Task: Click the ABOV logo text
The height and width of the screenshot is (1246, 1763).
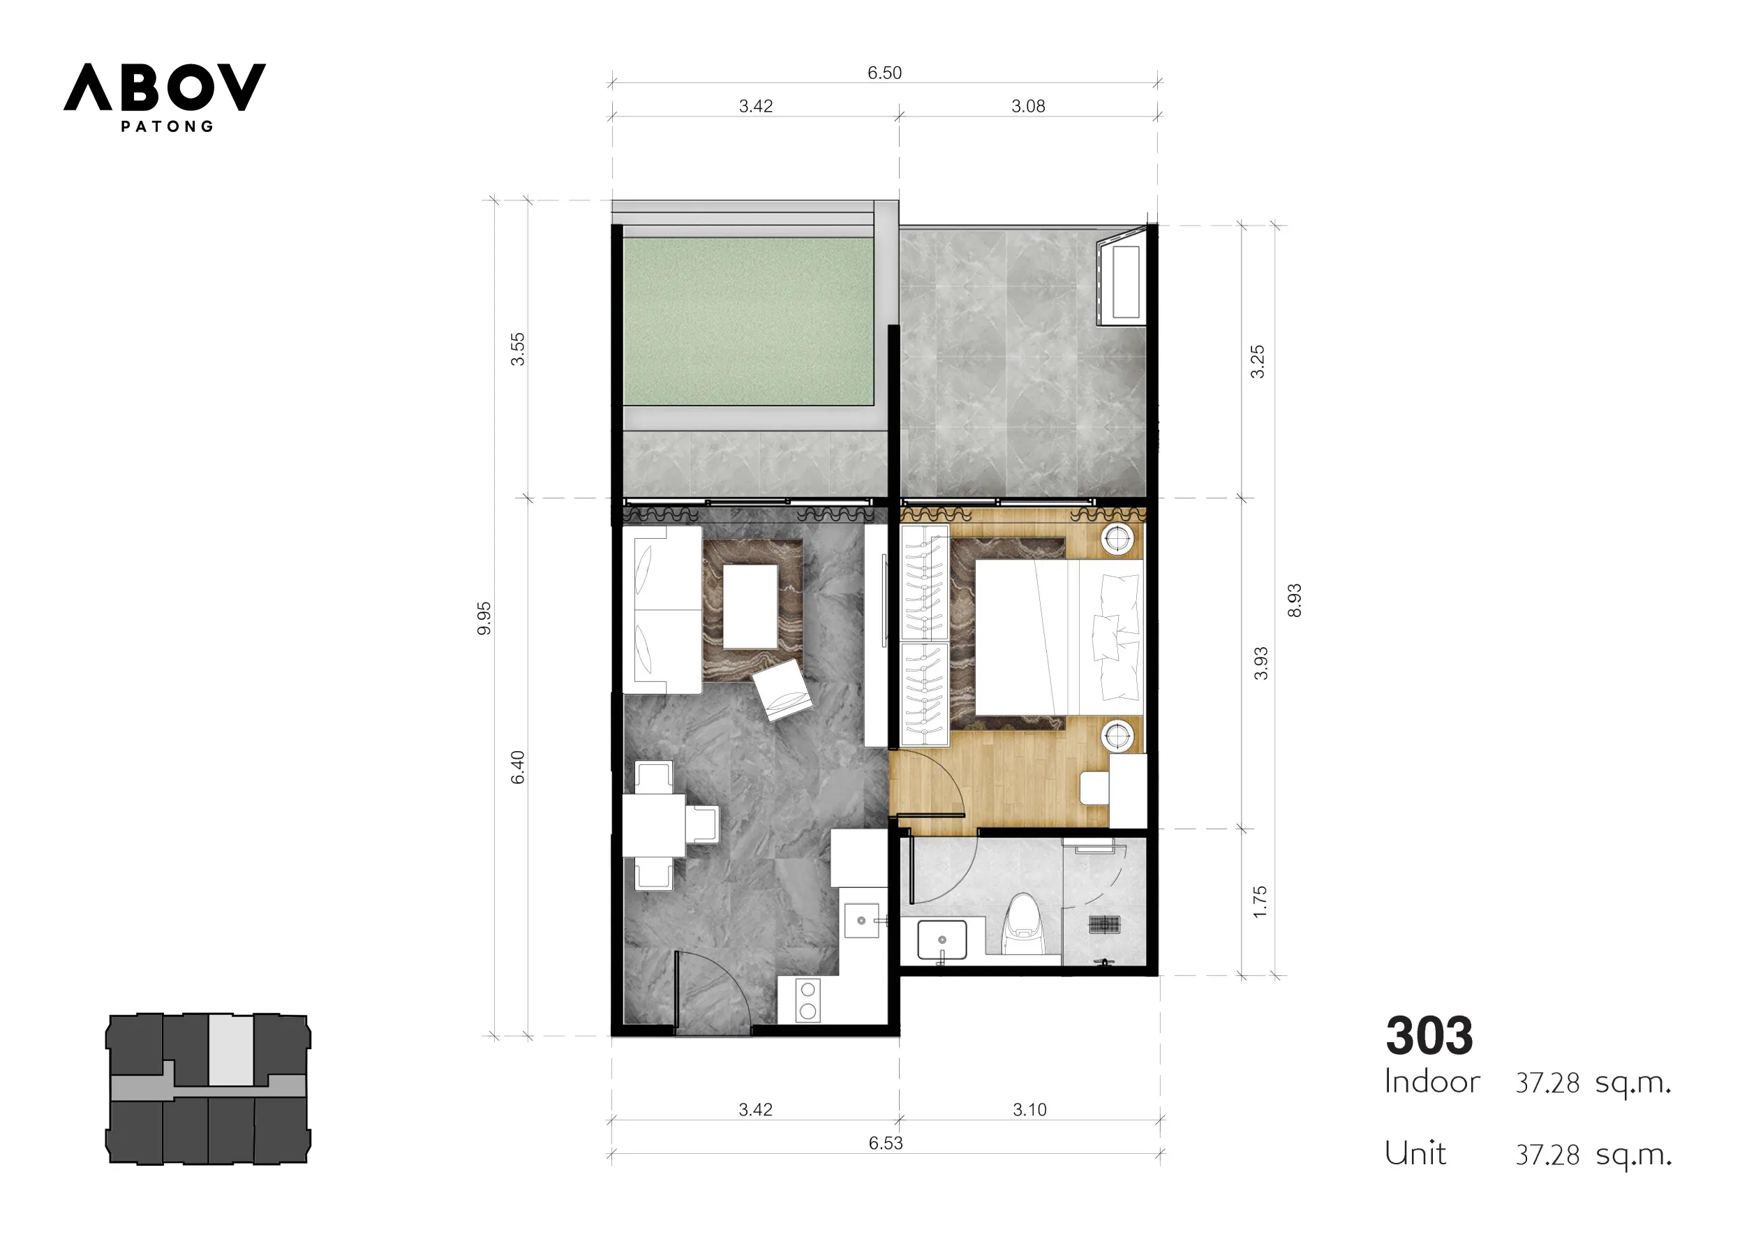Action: pos(164,87)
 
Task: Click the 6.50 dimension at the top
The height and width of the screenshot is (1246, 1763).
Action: pos(884,73)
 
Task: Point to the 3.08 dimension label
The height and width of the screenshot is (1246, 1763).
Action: pos(1028,106)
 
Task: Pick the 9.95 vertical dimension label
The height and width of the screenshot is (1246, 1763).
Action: pos(484,618)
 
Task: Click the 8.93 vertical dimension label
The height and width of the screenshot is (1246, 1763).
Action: pos(1295,601)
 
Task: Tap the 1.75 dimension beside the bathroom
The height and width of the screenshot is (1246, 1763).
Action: pos(1259,902)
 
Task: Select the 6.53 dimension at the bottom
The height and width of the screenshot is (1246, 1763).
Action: pos(886,1143)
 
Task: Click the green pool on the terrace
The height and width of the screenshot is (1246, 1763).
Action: pos(749,321)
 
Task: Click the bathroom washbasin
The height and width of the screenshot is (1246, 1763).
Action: pos(942,940)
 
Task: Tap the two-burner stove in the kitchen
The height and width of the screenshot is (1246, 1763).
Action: pos(808,1000)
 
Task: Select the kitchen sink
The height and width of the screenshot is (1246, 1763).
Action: pos(861,920)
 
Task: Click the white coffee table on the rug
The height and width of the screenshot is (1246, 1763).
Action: pos(750,607)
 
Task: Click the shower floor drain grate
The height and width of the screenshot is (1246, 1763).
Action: pos(1105,925)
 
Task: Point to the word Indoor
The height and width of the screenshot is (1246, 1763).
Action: pos(1432,1081)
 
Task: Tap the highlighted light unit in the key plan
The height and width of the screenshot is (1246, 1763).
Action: pos(231,1050)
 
